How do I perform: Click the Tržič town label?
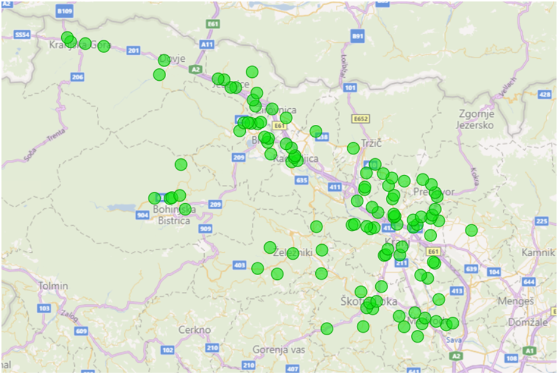370,143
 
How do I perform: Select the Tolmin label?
53,286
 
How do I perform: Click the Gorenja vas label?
278,349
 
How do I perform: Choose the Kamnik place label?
537,253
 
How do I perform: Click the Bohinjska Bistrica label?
171,215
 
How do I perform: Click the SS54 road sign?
23,35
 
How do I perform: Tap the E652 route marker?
360,119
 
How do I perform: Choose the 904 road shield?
142,216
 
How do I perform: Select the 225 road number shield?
541,222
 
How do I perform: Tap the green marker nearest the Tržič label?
353,148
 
